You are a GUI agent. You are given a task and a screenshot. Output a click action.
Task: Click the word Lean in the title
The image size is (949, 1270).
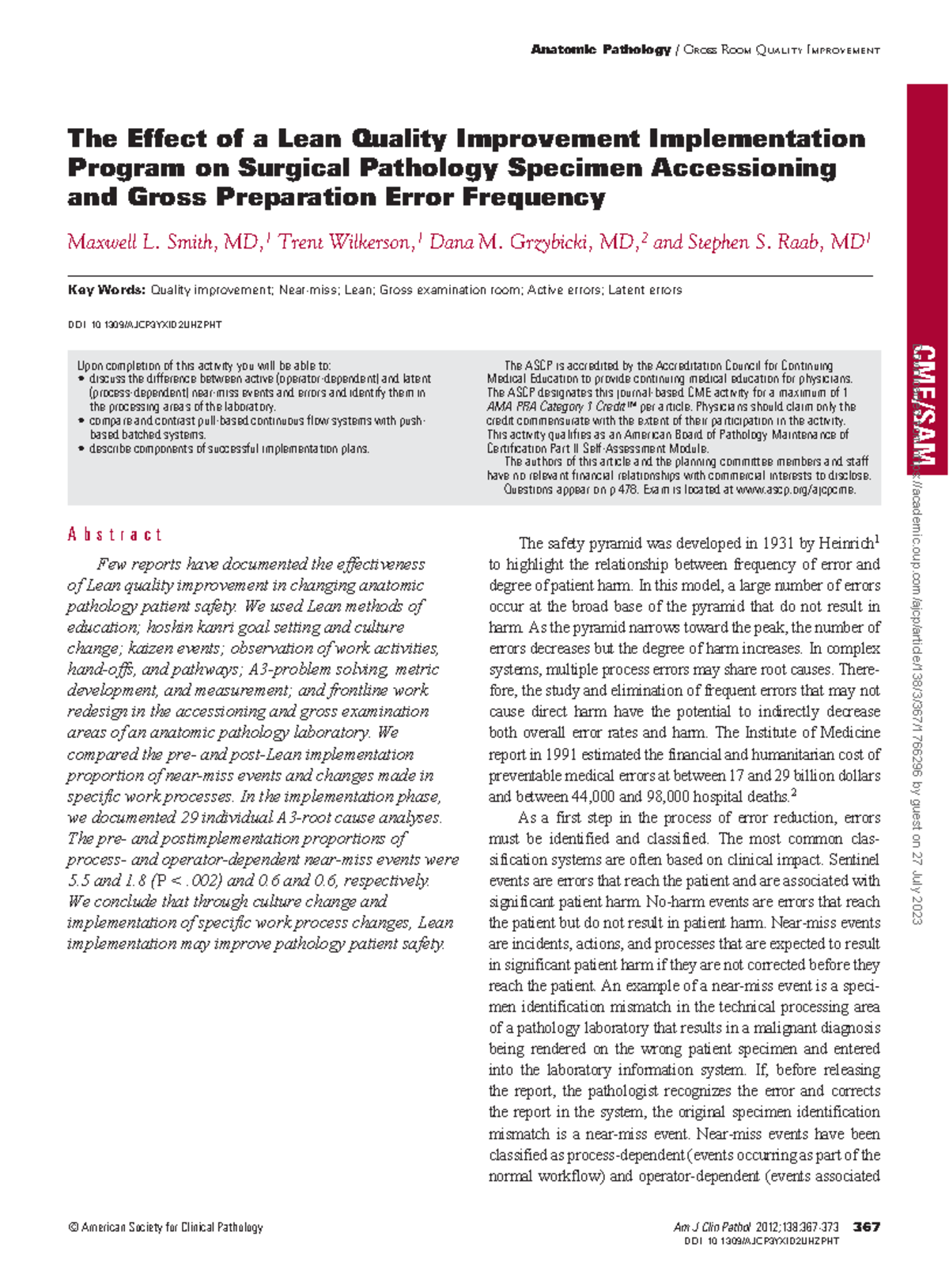(309, 139)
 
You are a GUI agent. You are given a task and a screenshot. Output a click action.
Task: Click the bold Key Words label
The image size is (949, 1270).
(106, 290)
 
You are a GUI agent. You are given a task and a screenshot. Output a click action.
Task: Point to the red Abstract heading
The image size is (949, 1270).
(115, 535)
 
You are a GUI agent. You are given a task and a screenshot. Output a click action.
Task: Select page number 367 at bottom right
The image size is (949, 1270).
(867, 1227)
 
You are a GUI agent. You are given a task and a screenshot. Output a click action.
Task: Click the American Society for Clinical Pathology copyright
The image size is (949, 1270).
(166, 1227)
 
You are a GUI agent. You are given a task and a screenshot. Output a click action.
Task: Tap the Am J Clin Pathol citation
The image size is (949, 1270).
(758, 1227)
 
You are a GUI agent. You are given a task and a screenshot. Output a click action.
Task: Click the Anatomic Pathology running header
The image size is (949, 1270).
(601, 50)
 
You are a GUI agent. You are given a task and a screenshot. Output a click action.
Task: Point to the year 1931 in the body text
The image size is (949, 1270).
(777, 543)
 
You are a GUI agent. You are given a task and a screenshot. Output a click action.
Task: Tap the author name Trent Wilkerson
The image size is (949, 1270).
(346, 242)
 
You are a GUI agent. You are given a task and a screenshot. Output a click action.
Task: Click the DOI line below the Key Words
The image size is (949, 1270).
(145, 325)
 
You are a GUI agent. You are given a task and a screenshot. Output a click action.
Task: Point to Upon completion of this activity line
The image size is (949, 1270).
(203, 366)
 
